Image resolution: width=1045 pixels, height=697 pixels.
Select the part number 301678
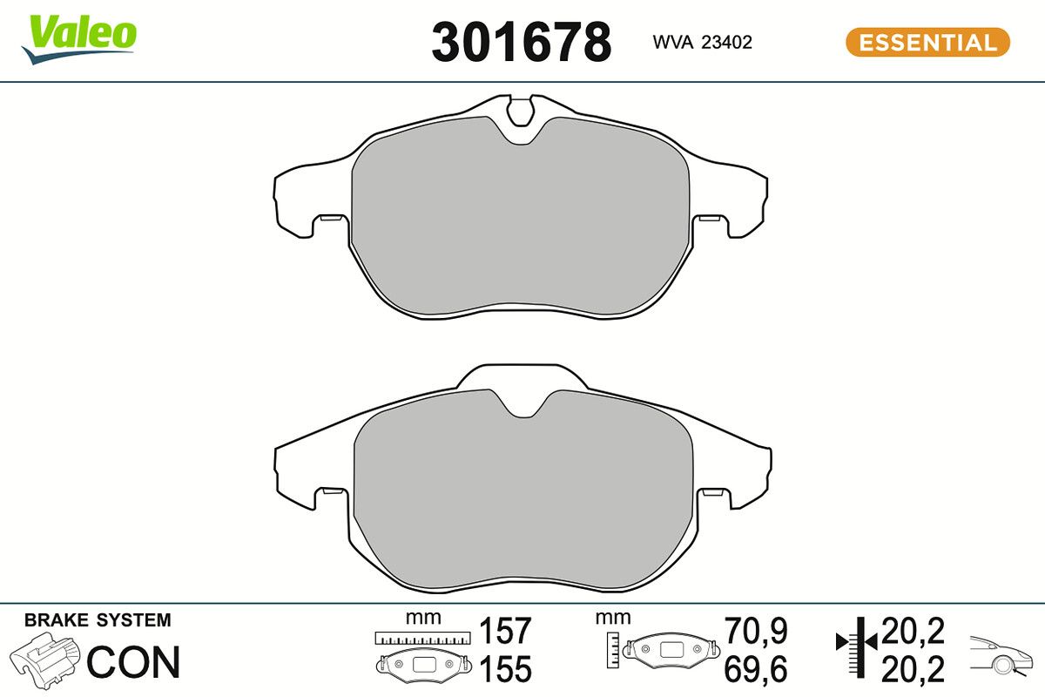pyautogui.click(x=521, y=42)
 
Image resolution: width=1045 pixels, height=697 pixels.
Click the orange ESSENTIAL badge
pyautogui.click(x=927, y=42)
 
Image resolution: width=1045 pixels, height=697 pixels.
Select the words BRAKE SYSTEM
pyautogui.click(x=98, y=620)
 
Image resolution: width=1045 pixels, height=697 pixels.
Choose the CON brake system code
pyautogui.click(x=133, y=662)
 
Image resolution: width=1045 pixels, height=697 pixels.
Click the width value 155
pyautogui.click(x=506, y=669)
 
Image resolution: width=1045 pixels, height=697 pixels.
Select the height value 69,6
pyautogui.click(x=756, y=669)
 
